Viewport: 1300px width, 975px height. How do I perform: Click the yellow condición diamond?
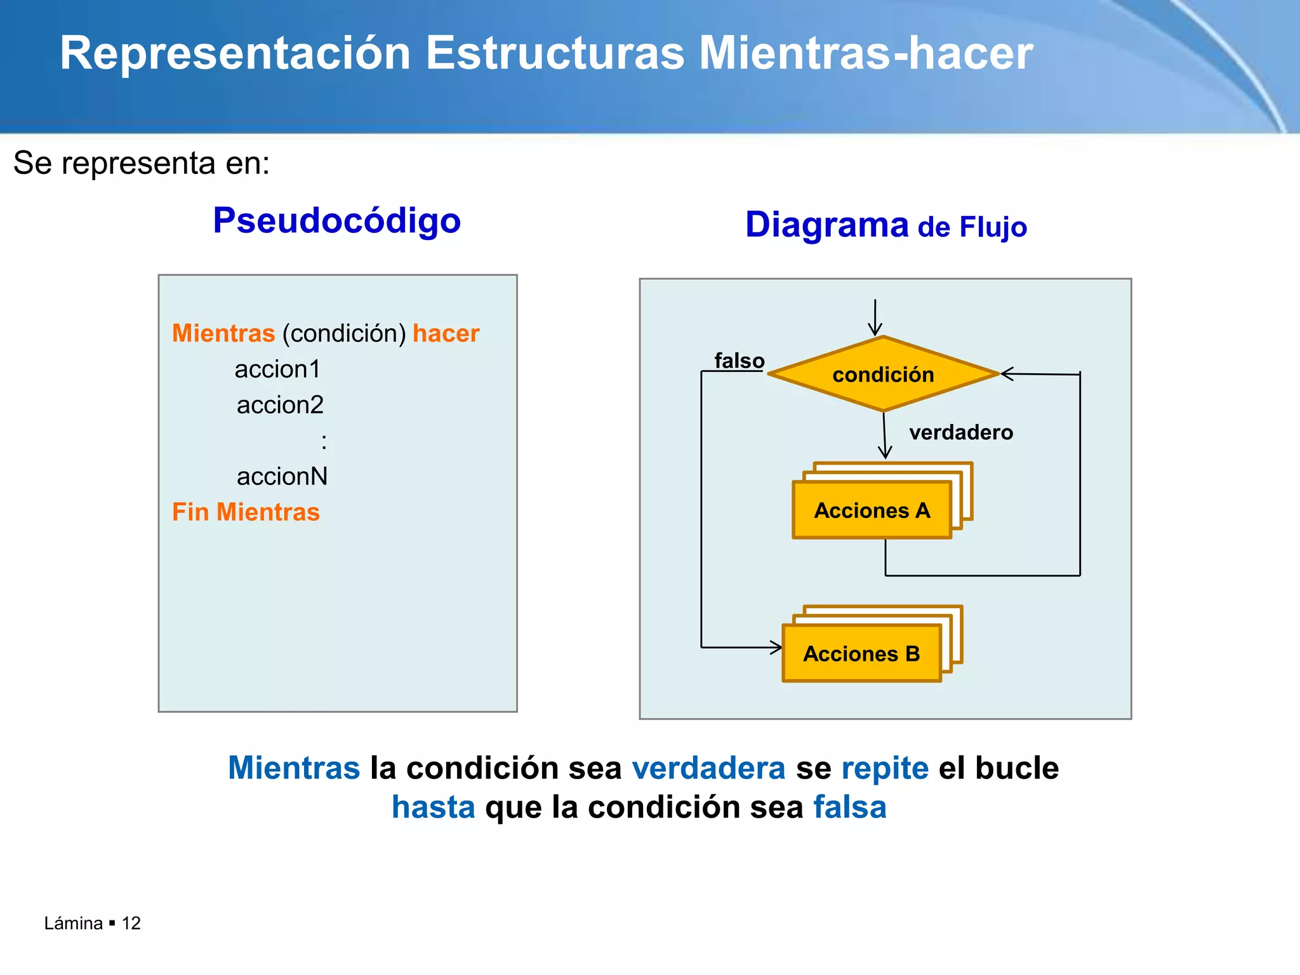coord(883,374)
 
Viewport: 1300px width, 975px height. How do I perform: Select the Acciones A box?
coord(872,510)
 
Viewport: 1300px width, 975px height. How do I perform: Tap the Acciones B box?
coord(861,653)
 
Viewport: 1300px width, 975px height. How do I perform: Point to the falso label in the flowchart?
coord(740,361)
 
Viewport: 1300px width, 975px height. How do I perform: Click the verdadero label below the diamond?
coord(961,432)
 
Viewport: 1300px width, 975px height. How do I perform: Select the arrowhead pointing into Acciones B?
coord(776,647)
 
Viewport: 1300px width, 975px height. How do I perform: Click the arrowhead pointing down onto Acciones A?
coord(885,453)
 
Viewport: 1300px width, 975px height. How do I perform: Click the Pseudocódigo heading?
coord(336,221)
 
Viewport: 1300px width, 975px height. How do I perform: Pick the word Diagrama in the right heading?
coord(827,225)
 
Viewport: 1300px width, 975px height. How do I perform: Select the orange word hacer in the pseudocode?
coord(446,333)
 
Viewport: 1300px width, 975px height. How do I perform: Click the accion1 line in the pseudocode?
coord(277,369)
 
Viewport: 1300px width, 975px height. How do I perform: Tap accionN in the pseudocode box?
coord(282,476)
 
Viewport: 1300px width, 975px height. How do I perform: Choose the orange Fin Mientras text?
coord(246,512)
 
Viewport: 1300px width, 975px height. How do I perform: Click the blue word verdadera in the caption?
coord(708,768)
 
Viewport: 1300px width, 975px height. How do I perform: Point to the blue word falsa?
coord(850,807)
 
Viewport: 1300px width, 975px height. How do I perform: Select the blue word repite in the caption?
coord(885,768)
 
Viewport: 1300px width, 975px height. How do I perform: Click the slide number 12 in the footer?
coord(131,923)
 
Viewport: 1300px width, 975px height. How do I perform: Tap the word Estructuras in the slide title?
coord(555,53)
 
